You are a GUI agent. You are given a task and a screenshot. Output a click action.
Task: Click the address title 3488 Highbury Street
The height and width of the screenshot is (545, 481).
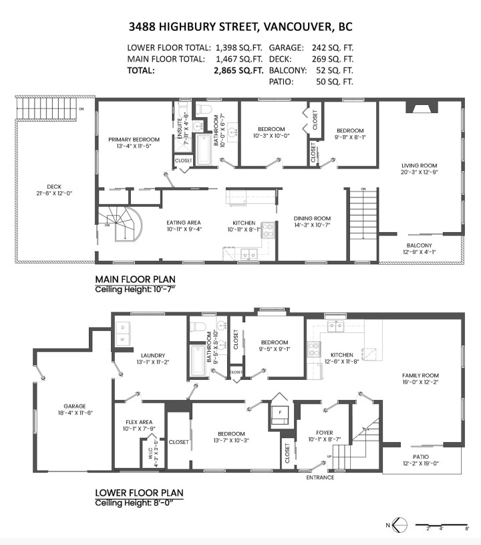240,27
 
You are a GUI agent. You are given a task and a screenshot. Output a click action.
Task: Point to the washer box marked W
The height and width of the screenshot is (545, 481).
122,340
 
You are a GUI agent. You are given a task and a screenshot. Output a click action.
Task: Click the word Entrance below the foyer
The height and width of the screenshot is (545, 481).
320,477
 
